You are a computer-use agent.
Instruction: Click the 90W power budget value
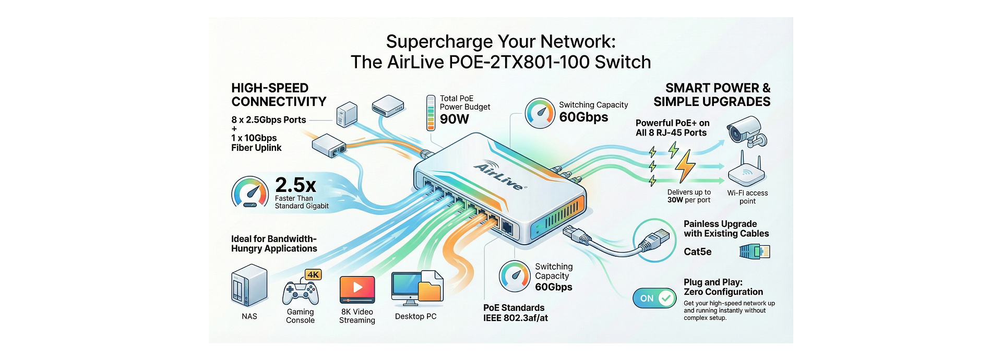[x=455, y=119]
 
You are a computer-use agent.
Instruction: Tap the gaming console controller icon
[x=300, y=293]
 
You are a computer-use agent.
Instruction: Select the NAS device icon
[x=249, y=286]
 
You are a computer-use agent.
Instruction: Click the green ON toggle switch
[x=654, y=298]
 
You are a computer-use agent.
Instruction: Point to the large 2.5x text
[x=295, y=185]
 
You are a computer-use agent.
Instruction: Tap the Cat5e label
[x=698, y=252]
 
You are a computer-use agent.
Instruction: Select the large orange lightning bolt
[x=685, y=166]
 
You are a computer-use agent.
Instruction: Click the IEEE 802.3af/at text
[x=516, y=318]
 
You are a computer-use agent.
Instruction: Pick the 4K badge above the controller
[x=313, y=274]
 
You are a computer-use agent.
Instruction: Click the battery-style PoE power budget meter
[x=431, y=113]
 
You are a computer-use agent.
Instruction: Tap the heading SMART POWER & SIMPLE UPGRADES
[x=712, y=95]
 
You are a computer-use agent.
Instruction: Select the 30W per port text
[x=688, y=200]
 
